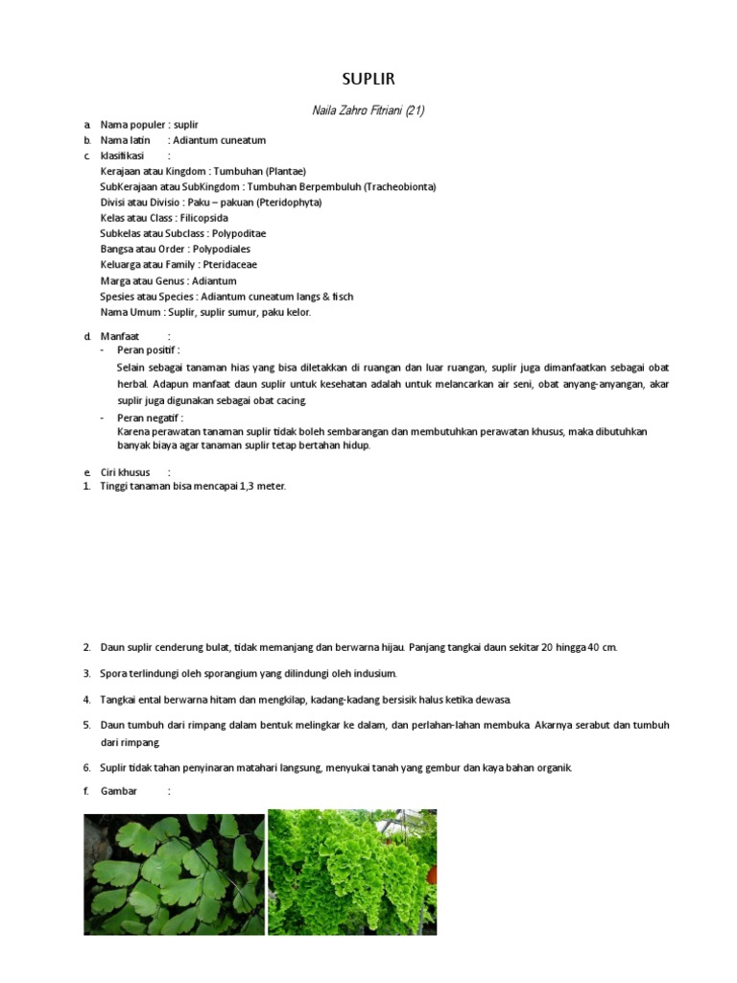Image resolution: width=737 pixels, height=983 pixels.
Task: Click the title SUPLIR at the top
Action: (x=368, y=79)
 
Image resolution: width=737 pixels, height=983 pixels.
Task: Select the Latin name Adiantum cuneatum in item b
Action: (x=219, y=140)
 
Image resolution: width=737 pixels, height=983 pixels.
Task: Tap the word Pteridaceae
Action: (x=230, y=264)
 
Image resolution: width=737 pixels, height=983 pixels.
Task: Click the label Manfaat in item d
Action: (x=120, y=336)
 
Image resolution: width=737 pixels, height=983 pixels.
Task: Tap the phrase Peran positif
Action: (x=147, y=350)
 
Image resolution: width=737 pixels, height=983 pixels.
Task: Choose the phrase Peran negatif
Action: (x=149, y=418)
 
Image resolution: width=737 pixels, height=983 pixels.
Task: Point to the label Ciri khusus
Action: (x=126, y=472)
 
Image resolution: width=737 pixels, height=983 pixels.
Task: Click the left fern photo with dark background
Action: (x=174, y=873)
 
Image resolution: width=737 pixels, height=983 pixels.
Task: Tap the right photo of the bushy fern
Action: (x=352, y=873)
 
